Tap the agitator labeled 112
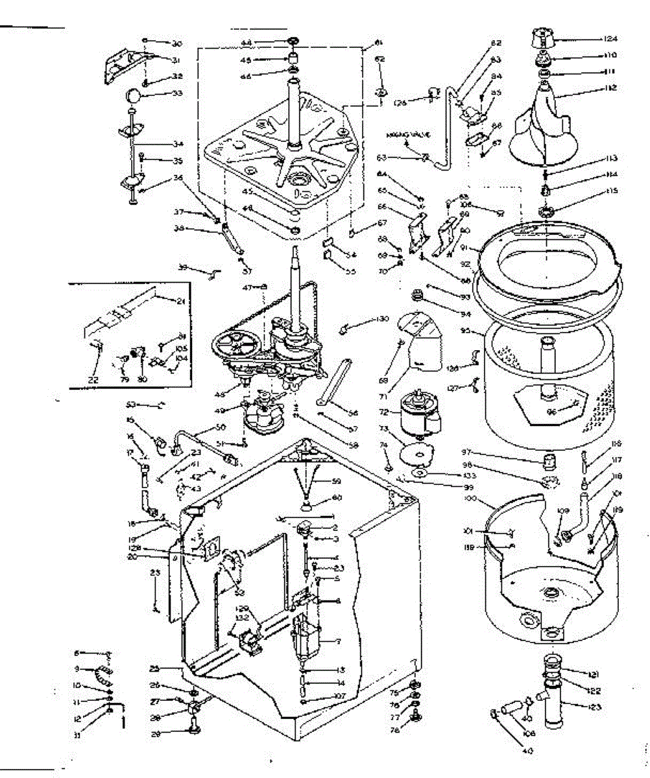coord(540,130)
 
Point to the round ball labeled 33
coord(133,97)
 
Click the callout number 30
coord(176,43)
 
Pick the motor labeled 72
coord(418,414)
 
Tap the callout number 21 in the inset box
coord(180,300)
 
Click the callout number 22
coord(94,380)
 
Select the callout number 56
coord(353,412)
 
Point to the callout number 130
coord(381,319)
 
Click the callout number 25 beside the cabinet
coord(171,669)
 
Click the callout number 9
coord(77,668)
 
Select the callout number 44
coord(264,42)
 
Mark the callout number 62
coord(380,59)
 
